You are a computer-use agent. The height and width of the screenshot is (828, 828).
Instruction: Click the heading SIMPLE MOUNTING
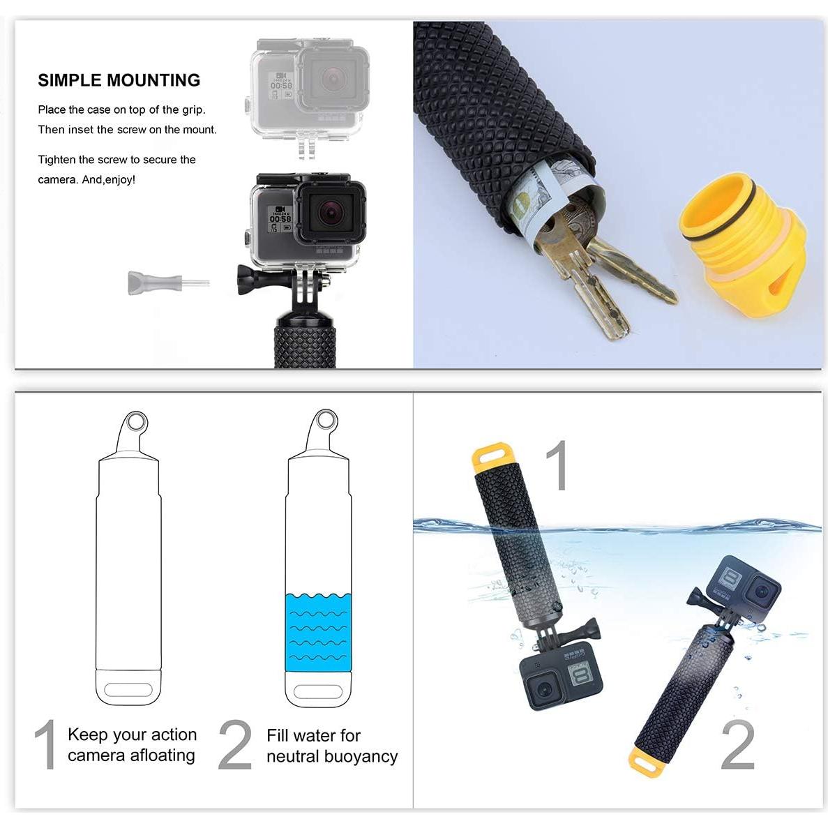tap(119, 80)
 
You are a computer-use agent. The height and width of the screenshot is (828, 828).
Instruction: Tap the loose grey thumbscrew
tap(143, 283)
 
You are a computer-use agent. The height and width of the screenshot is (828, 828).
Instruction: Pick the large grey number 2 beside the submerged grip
tap(737, 745)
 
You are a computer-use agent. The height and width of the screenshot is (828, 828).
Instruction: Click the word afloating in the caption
tap(158, 755)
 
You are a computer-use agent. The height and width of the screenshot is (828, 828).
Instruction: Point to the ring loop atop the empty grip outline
tap(137, 423)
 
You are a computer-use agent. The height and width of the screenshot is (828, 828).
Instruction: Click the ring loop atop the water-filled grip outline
tap(325, 421)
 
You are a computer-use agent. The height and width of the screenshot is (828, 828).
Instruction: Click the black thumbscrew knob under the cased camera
tap(249, 278)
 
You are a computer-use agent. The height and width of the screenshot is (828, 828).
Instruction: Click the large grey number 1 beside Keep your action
tap(46, 745)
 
